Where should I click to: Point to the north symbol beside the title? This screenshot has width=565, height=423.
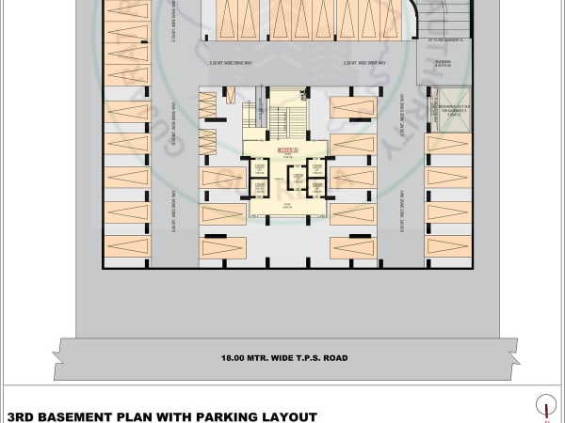coord(545,406)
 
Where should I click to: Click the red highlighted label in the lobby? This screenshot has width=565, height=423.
coord(287,150)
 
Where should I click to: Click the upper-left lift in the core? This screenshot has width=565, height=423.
coord(259,169)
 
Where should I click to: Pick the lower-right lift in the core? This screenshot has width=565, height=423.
coord(315,187)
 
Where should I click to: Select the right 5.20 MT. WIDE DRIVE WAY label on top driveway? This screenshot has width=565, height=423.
coord(336,63)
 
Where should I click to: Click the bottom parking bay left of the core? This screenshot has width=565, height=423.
coord(223,248)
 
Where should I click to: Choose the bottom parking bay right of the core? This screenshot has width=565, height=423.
coord(353,248)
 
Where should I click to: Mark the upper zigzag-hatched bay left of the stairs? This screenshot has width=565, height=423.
coord(208,105)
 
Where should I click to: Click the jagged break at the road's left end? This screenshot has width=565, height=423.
coord(58,358)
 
